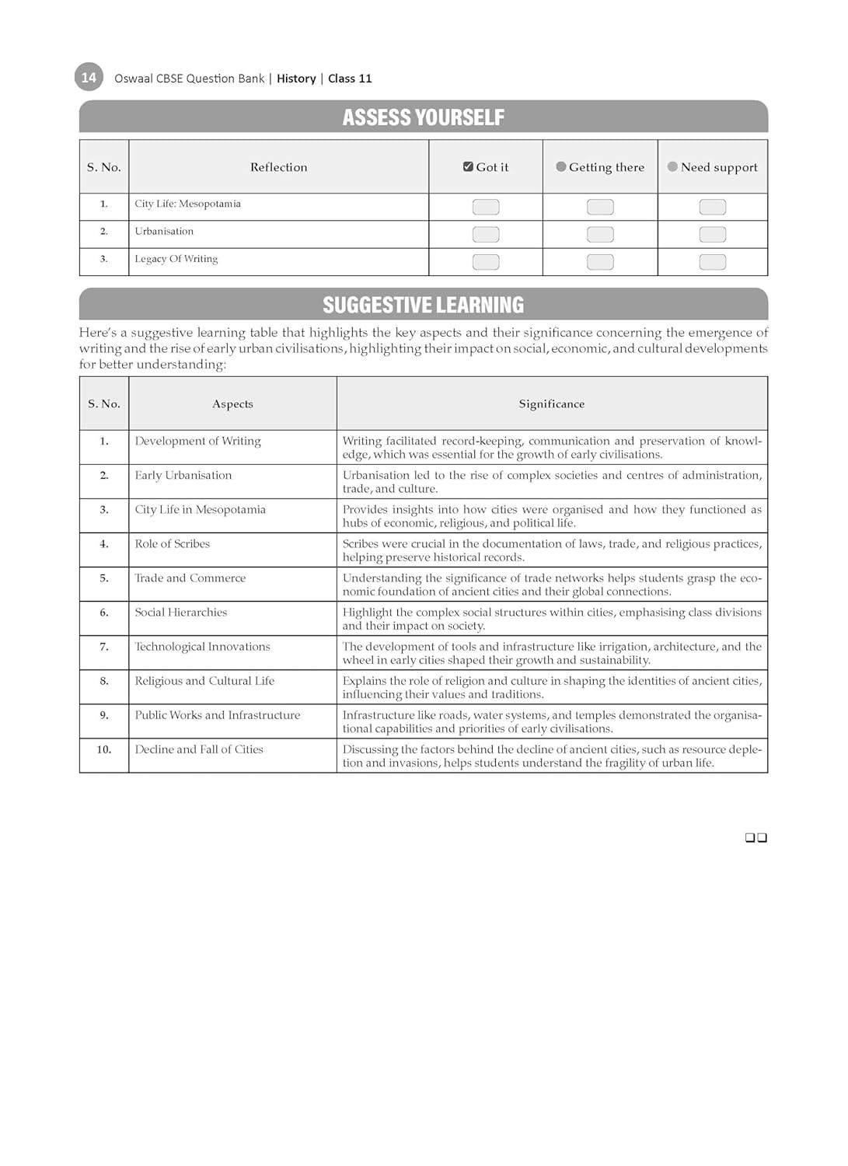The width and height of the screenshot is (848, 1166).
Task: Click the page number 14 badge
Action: (89, 77)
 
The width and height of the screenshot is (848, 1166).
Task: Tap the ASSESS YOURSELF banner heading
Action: (423, 117)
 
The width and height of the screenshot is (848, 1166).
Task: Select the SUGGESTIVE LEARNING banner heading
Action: (423, 305)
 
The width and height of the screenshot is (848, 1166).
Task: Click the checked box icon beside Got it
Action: (468, 166)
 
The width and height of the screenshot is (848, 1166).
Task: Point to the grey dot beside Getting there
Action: (561, 166)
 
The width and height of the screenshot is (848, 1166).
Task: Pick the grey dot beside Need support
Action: (672, 166)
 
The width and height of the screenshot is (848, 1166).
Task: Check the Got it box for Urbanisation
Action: (486, 234)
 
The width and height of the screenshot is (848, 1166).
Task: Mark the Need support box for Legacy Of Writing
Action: (712, 262)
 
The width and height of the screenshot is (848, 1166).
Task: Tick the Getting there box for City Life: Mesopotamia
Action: (600, 207)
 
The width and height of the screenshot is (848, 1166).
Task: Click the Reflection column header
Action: (278, 167)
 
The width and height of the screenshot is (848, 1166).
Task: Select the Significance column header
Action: (551, 404)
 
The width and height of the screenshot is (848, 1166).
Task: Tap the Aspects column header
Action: (232, 404)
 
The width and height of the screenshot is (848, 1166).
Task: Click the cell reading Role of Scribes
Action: (173, 544)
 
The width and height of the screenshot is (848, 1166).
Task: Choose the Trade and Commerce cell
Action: (190, 578)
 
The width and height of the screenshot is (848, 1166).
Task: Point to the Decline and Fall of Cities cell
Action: (199, 749)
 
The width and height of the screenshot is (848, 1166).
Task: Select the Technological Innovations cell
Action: (202, 647)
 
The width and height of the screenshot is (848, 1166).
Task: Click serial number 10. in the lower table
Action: (104, 749)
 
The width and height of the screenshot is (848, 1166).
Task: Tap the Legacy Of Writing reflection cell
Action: (176, 259)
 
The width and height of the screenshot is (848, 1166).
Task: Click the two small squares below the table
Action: (756, 837)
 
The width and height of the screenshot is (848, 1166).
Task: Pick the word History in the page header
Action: (296, 79)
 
